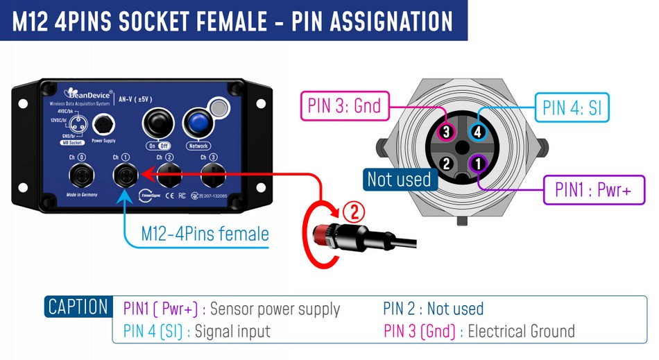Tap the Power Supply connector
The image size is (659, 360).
point(103,125)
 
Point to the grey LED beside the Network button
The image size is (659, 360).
point(219,108)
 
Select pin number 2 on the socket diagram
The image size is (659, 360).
point(447,164)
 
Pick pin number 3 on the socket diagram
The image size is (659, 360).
point(447,130)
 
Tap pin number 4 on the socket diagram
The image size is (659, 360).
point(477,130)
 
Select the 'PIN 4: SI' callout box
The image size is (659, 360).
point(572,108)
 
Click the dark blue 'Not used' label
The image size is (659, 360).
point(399,179)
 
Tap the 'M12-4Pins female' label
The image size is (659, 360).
point(205,234)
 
